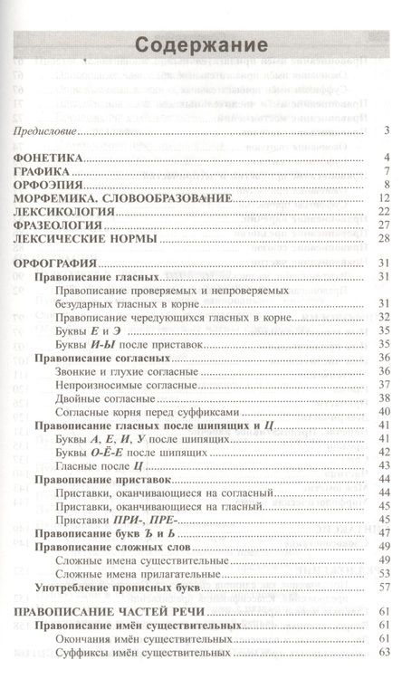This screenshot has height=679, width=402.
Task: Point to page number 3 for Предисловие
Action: point(386,132)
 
